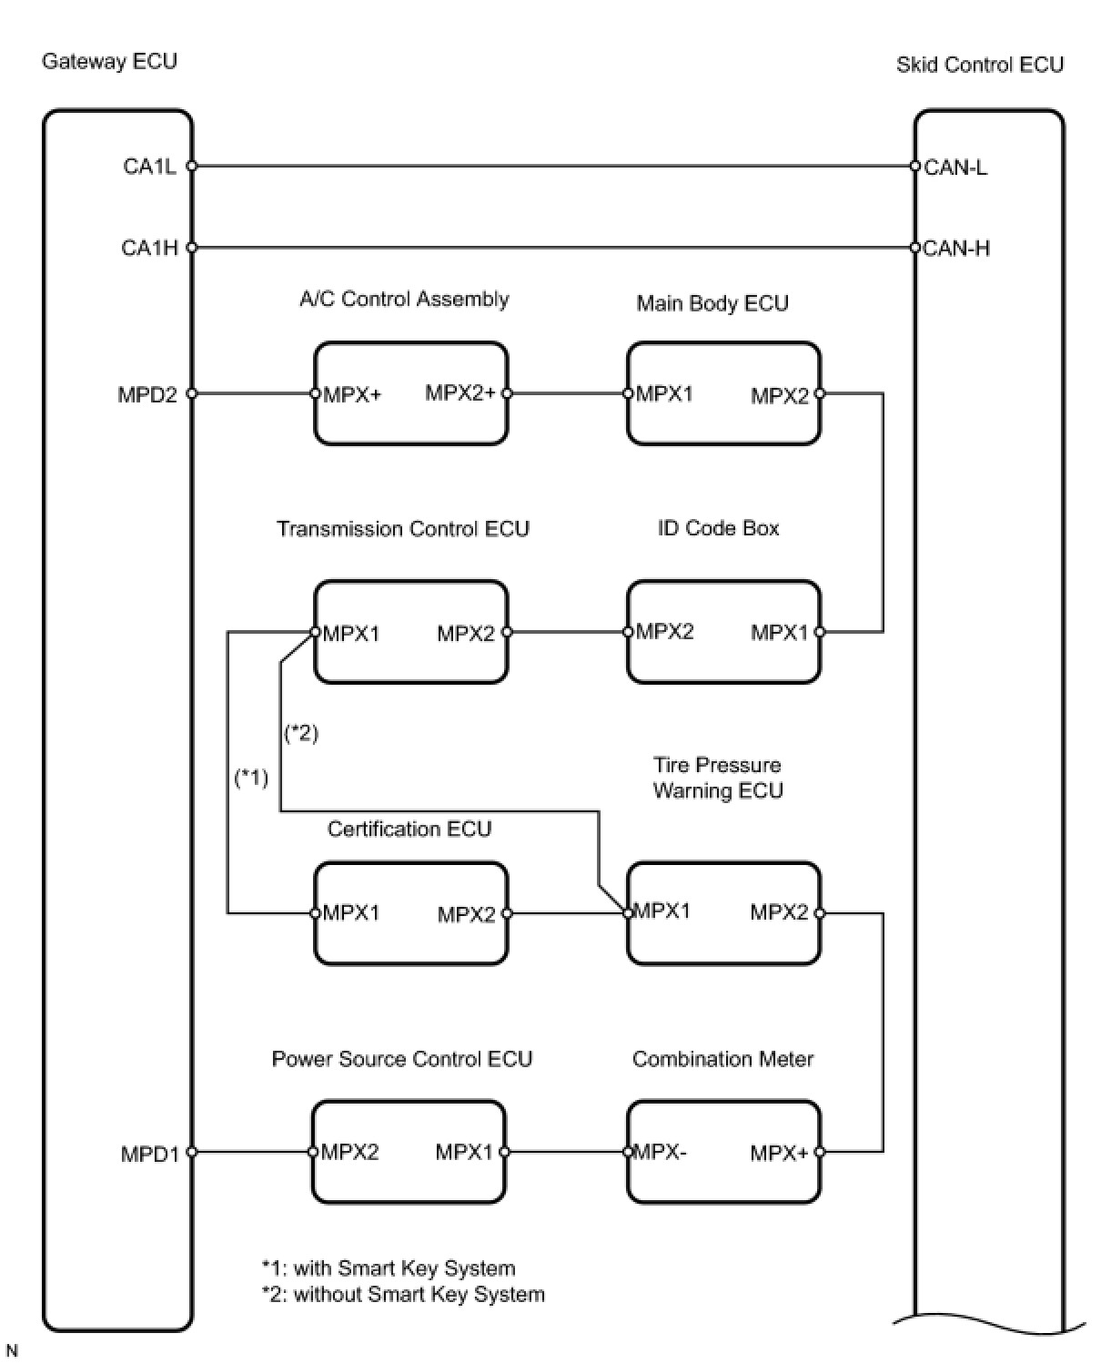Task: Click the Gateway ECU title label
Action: coord(109,62)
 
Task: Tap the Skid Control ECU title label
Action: coord(979,66)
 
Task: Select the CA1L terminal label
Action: coord(149,167)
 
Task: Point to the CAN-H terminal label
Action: coord(956,249)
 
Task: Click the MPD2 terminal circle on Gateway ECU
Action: coord(191,393)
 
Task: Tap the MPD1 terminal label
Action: coord(150,1154)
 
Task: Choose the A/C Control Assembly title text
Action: coord(404,299)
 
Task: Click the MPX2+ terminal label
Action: coord(460,392)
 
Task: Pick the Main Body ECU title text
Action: coord(712,303)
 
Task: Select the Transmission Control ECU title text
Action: coord(403,529)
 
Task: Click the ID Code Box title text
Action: coord(718,528)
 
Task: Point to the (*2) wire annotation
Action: coord(300,733)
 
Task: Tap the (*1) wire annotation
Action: coord(251,778)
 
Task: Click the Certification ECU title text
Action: coord(409,829)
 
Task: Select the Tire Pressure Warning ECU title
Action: coord(718,778)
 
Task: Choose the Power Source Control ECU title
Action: coord(402,1059)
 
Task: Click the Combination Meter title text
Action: coord(722,1059)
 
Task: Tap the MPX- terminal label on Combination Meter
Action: coord(660,1152)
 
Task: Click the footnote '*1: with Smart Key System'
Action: coord(389,1268)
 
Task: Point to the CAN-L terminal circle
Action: coord(914,167)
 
